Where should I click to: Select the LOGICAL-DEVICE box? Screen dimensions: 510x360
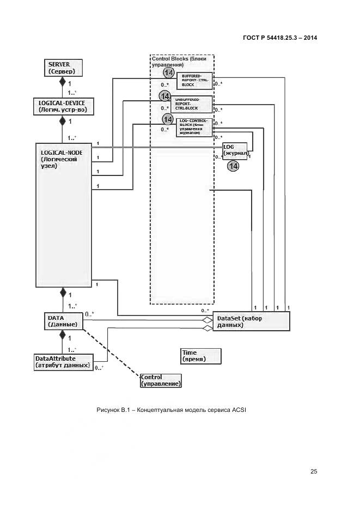tap(63, 106)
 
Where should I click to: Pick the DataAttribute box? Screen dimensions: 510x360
tap(63, 362)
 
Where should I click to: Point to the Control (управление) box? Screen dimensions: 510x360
tap(161, 380)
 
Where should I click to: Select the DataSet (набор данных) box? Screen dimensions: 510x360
tap(252, 321)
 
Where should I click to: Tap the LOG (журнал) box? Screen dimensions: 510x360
tap(235, 150)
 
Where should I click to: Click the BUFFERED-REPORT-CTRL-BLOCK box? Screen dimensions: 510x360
tap(193, 81)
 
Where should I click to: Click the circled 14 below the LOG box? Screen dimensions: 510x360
tap(233, 166)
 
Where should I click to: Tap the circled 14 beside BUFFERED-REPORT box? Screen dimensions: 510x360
tap(169, 73)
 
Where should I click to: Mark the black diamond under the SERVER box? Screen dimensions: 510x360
tap(62, 82)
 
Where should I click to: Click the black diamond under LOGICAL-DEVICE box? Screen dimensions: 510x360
tap(62, 120)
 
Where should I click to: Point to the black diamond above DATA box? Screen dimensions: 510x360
tap(63, 293)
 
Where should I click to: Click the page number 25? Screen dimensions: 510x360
tap(314, 471)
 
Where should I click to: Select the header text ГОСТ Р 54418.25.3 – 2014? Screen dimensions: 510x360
tap(280, 38)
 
